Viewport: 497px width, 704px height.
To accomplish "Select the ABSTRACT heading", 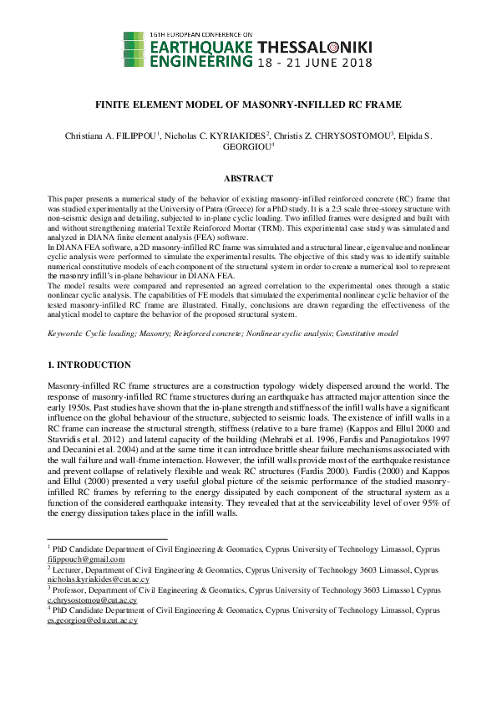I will [x=248, y=178].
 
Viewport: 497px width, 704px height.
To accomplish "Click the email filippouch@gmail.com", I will [x=84, y=559].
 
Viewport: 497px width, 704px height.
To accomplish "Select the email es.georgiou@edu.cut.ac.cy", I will [x=92, y=621].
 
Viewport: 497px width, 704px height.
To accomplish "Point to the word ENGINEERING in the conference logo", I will [x=200, y=61].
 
